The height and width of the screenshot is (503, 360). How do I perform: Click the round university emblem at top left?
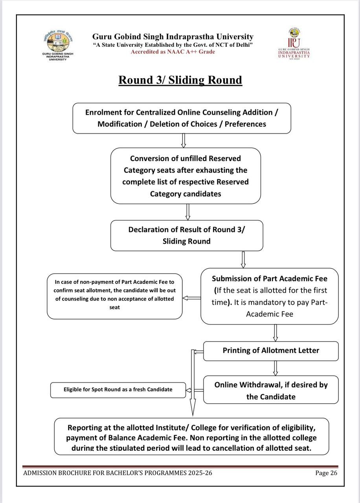coord(58,41)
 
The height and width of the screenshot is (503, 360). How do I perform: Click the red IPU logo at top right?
coord(294,43)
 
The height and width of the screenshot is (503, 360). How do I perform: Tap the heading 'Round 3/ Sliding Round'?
coord(180,80)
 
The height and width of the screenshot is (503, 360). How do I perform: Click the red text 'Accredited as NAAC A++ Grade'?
coord(173,51)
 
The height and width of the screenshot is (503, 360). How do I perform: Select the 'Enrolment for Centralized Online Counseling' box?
coord(182,118)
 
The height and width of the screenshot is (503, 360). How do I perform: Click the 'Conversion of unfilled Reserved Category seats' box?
coord(186,176)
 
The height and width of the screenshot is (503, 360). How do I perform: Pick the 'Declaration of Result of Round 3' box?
coord(187,235)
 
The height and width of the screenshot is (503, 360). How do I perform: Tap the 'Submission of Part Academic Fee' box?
coord(270,296)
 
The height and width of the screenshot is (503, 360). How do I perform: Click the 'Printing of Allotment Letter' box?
coord(271,351)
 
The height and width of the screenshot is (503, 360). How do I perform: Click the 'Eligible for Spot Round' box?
coord(118,390)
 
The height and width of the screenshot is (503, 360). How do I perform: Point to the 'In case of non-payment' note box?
coord(114,296)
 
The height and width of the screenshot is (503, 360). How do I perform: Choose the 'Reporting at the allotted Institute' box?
coord(191,437)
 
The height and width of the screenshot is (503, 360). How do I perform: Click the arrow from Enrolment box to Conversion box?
coord(184,141)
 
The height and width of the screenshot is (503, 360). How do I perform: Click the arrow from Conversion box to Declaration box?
coord(188,212)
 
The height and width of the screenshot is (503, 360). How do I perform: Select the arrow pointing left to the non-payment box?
coord(191,298)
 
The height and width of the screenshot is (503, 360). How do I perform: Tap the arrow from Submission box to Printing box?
coord(276,333)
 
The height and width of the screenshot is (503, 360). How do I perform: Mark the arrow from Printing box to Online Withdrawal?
coord(276,368)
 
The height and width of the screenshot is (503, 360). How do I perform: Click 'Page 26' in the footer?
coord(326,473)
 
